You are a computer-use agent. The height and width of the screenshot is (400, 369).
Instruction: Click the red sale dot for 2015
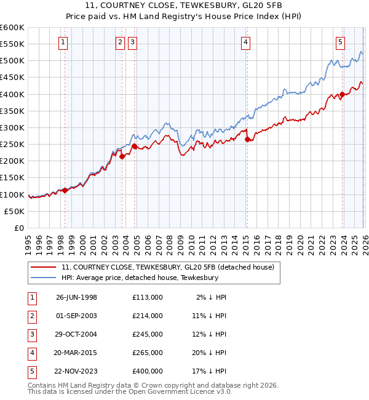pos(247,140)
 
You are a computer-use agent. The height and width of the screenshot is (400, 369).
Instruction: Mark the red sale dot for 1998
pos(65,190)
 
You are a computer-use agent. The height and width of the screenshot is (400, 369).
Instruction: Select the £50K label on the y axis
pos(15,211)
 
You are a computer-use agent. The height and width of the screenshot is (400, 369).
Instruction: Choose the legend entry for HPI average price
pos(140,278)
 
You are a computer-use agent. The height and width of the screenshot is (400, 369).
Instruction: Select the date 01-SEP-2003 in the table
pos(76,316)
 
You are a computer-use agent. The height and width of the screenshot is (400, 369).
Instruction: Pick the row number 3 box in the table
pos(30,334)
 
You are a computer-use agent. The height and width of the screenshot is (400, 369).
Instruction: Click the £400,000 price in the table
pos(148,371)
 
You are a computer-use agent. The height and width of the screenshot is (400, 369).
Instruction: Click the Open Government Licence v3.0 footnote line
pos(121,391)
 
